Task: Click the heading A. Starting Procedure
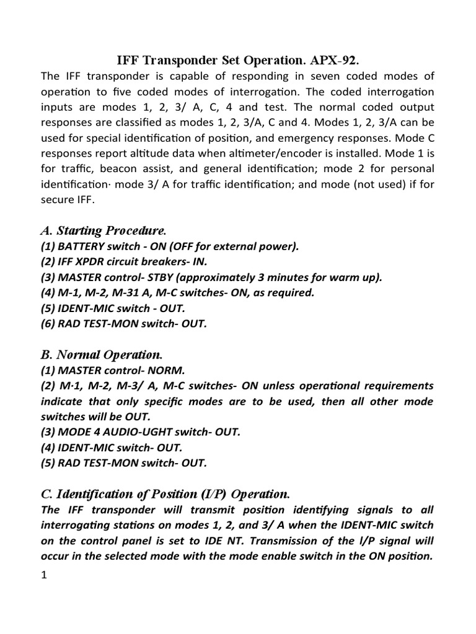click(104, 231)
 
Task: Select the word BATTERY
click(83, 246)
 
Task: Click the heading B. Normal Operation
click(101, 355)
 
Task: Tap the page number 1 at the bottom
click(44, 575)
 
